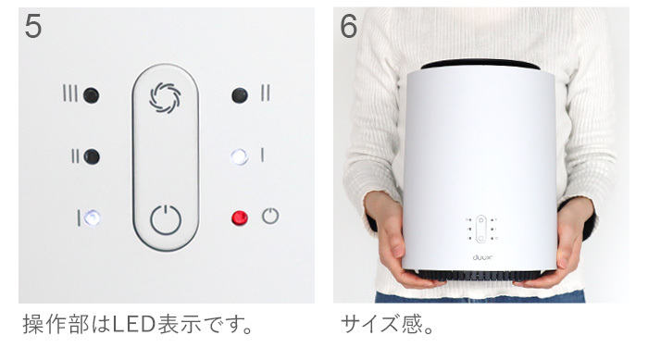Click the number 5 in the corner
point(33,27)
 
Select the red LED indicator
point(240,217)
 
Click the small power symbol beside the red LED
point(269,217)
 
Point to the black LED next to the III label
point(91,95)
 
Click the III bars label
point(70,95)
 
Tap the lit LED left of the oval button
point(91,218)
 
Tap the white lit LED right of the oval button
point(240,155)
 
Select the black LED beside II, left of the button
point(91,156)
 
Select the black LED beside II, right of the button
point(240,94)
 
